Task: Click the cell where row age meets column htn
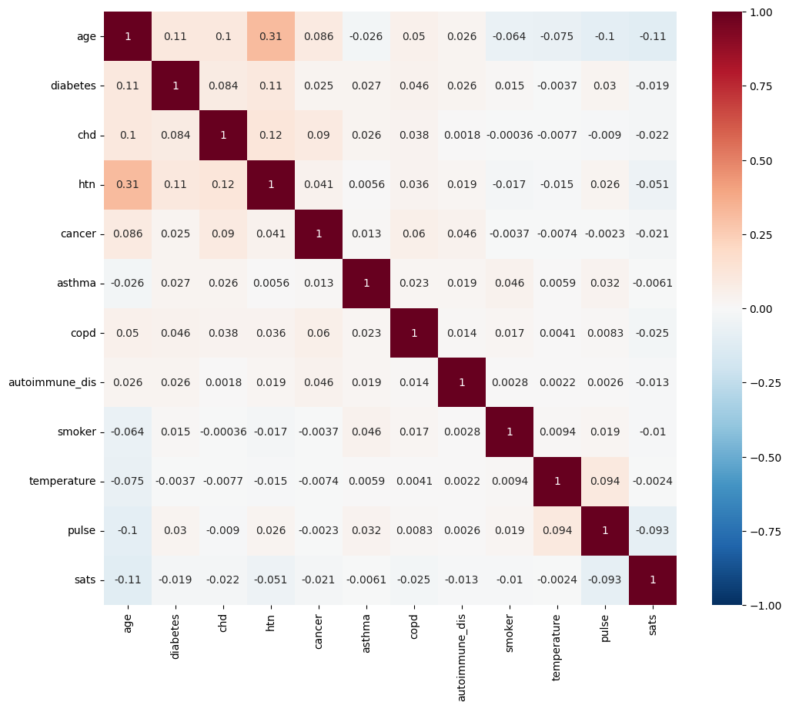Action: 271,36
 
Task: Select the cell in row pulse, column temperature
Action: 557,531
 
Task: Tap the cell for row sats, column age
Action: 128,580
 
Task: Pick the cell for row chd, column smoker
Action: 510,135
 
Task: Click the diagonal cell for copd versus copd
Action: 414,333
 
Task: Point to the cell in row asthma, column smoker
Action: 510,284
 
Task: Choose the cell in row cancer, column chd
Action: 223,234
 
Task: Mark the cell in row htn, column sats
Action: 653,184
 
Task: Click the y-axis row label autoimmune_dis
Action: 52,382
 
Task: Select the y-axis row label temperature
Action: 62,482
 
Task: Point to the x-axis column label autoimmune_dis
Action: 462,651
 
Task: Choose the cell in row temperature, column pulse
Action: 605,482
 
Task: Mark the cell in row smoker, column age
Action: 128,432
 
